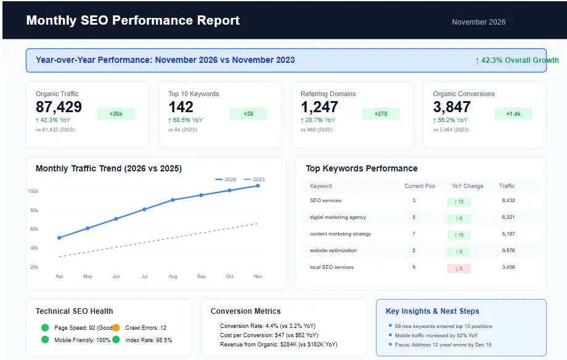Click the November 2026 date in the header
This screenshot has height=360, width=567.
478,22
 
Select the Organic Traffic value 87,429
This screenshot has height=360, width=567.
59,107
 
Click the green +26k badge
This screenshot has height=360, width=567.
116,114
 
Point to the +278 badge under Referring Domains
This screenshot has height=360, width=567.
381,114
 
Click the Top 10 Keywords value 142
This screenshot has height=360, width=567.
181,107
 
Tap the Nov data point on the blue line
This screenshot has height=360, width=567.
258,186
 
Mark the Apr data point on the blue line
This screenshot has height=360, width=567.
59,237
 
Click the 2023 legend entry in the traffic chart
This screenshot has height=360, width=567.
255,179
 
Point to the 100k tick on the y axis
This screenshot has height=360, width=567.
33,192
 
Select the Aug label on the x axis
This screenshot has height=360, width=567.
173,277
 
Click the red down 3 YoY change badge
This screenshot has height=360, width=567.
459,268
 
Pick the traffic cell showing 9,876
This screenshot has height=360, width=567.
508,251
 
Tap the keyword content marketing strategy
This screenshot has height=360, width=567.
340,234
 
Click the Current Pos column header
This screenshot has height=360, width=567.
419,186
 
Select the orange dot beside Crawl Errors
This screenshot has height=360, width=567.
116,328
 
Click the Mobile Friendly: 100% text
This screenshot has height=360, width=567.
82,340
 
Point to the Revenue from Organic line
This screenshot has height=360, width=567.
279,345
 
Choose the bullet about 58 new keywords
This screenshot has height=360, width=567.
443,326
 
